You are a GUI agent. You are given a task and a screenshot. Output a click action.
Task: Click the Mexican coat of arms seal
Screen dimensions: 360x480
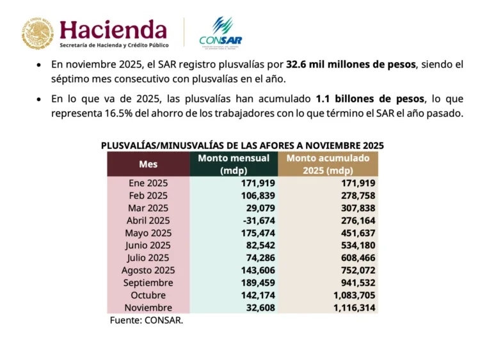click(36, 33)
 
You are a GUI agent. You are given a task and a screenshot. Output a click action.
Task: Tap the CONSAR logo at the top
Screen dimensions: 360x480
click(220, 33)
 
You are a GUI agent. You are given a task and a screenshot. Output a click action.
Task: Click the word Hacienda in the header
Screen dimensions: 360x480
click(113, 29)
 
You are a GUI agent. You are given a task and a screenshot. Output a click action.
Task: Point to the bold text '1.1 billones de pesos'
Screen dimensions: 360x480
click(370, 99)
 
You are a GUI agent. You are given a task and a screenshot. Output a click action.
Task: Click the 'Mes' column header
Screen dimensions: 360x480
click(148, 164)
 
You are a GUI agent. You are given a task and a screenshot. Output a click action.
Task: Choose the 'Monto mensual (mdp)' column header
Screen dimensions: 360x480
click(234, 164)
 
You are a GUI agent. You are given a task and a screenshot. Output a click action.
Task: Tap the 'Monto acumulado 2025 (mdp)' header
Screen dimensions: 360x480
click(328, 164)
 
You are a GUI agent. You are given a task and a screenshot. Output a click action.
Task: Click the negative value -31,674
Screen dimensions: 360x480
click(255, 221)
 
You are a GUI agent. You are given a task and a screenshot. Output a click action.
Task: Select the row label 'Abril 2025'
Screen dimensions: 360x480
click(148, 221)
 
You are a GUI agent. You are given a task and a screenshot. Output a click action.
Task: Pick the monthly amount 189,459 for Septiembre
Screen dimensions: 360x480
click(255, 283)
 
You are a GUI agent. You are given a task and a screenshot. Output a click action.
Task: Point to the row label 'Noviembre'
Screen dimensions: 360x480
click(148, 308)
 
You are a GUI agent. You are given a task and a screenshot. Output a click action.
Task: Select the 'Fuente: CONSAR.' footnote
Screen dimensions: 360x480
click(146, 320)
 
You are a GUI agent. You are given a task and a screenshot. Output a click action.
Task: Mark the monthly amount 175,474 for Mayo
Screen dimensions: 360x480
click(255, 233)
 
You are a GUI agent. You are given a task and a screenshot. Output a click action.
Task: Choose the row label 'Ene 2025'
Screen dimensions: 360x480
click(148, 184)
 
